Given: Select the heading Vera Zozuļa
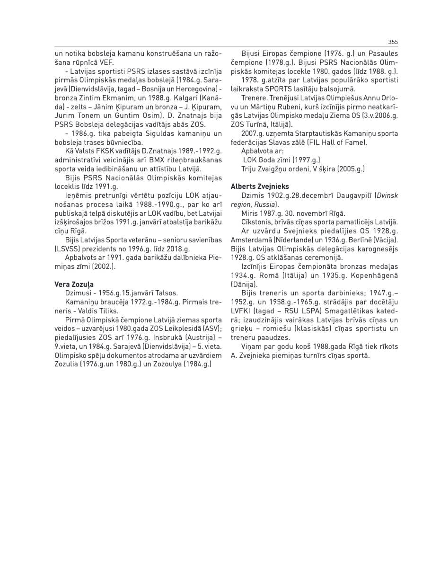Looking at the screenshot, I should point(74,284).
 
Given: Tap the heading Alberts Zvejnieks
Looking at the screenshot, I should point(260,187).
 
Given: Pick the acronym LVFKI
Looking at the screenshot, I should point(243,311).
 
